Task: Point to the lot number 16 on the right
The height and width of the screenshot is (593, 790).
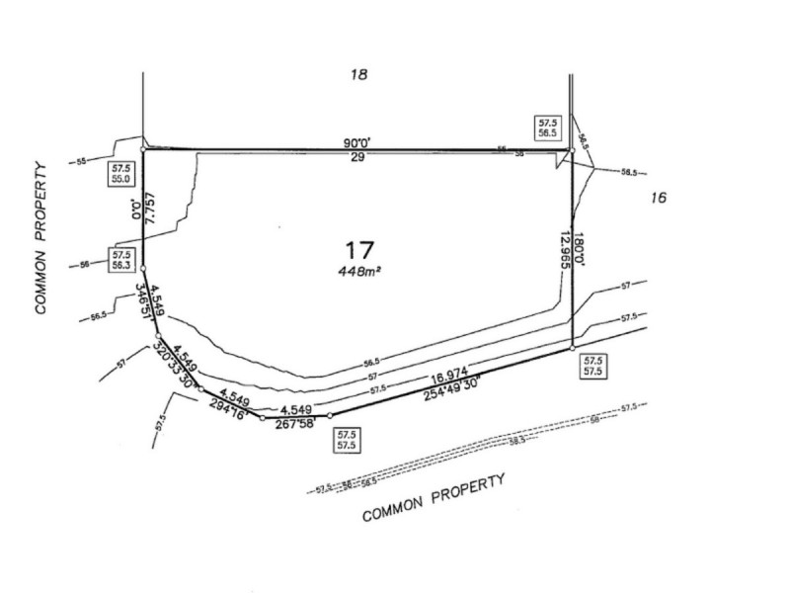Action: tap(659, 198)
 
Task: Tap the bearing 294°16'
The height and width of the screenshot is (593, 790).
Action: tap(226, 410)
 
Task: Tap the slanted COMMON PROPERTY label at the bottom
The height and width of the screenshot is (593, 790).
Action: tap(434, 499)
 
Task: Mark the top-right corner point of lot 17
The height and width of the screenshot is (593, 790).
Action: tap(573, 150)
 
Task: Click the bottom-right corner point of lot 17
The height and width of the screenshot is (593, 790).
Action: tap(573, 347)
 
